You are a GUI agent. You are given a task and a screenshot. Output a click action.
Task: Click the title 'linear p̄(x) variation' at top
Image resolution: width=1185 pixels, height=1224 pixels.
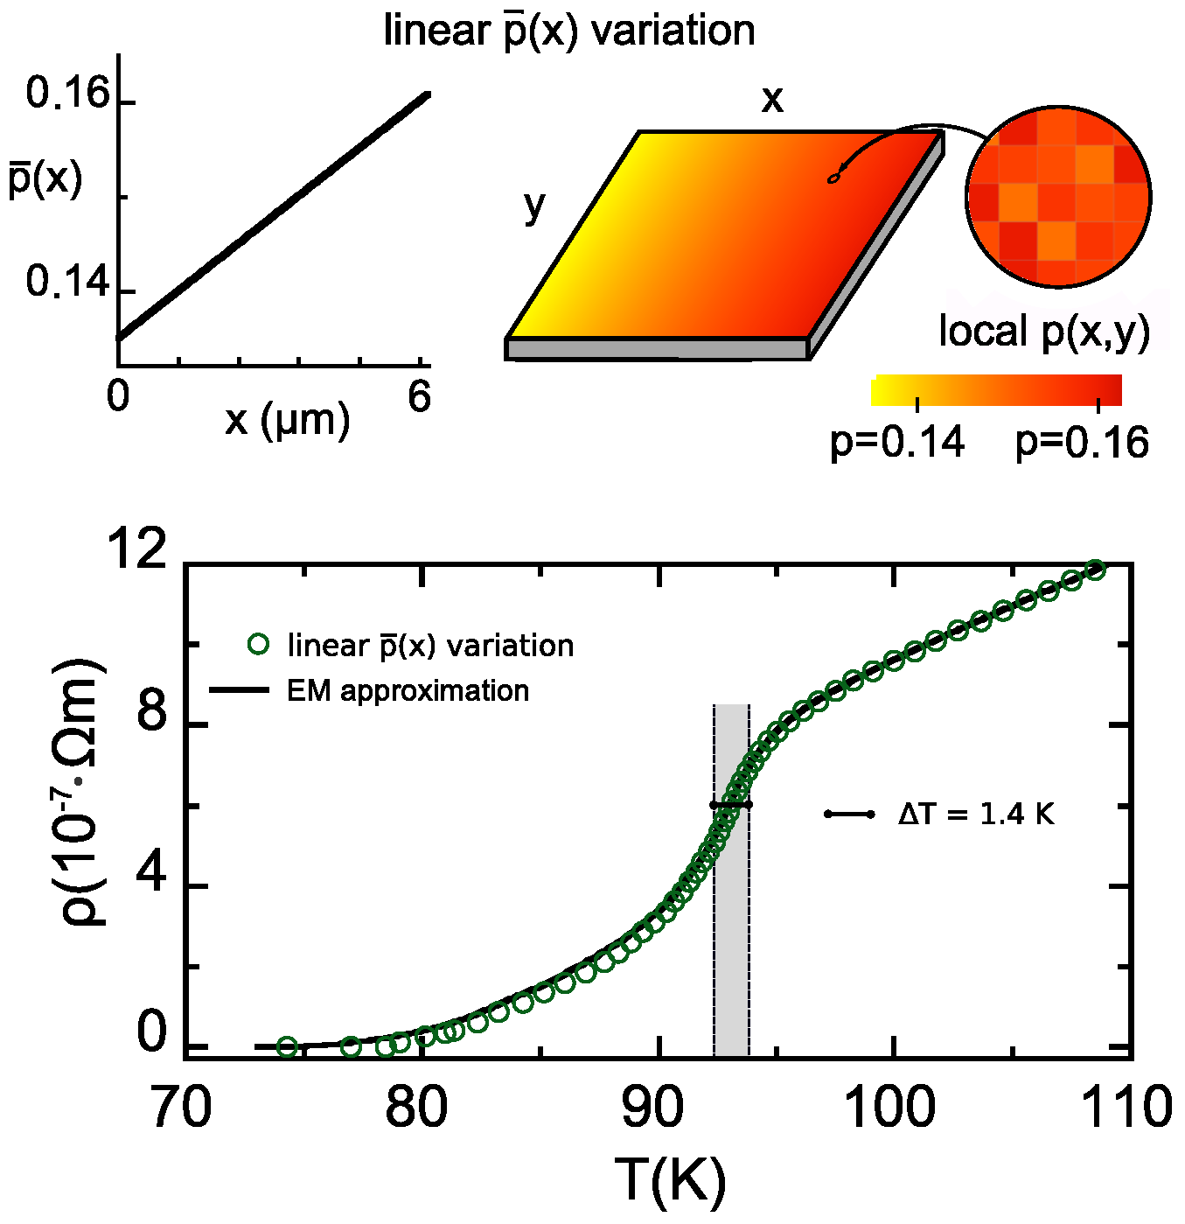[569, 31]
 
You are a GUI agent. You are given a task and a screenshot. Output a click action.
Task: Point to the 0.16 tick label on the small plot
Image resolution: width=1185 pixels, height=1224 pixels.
[68, 94]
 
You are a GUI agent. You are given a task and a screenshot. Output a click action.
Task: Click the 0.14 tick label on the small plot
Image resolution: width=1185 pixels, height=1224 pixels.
[68, 282]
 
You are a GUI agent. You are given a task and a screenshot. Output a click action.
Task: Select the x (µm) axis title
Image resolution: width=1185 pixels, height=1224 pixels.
[288, 421]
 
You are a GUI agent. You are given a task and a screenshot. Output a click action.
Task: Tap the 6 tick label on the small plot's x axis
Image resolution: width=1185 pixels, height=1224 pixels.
[420, 397]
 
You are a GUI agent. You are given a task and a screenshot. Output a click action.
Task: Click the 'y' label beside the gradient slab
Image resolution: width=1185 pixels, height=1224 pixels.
[534, 206]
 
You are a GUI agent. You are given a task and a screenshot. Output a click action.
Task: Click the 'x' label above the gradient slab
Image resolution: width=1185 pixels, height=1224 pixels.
[772, 100]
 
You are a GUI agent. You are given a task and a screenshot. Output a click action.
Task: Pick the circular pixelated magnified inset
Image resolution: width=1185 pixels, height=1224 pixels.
[1058, 198]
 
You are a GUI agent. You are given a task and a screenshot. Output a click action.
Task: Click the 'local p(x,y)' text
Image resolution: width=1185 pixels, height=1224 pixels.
[1044, 332]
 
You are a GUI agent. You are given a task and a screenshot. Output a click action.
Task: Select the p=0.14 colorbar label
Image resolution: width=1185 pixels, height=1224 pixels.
[897, 443]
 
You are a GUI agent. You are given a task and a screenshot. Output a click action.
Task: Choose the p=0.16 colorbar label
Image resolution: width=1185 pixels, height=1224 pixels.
[1082, 443]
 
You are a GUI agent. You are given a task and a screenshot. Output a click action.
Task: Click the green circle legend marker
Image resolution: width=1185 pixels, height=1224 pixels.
[258, 644]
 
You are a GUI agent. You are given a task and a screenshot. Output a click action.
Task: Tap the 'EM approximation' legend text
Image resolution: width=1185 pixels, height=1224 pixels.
[408, 691]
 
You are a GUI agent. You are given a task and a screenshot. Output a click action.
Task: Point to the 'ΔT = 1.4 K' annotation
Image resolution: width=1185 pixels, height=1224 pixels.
[976, 815]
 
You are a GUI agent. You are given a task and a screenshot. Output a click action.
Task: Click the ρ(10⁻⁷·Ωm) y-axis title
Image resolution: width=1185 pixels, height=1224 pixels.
[81, 792]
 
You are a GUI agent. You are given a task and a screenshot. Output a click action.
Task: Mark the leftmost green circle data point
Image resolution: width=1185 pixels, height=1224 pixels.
[287, 1046]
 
